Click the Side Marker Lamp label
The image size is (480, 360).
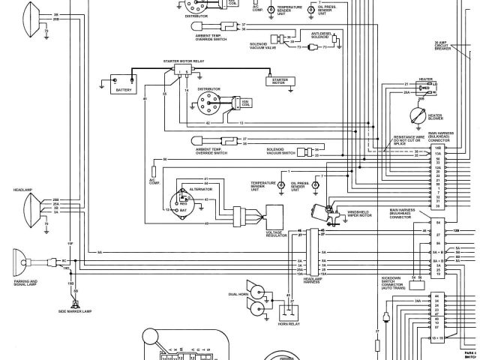[x=77, y=310]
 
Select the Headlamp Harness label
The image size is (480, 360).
[x=313, y=281]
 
